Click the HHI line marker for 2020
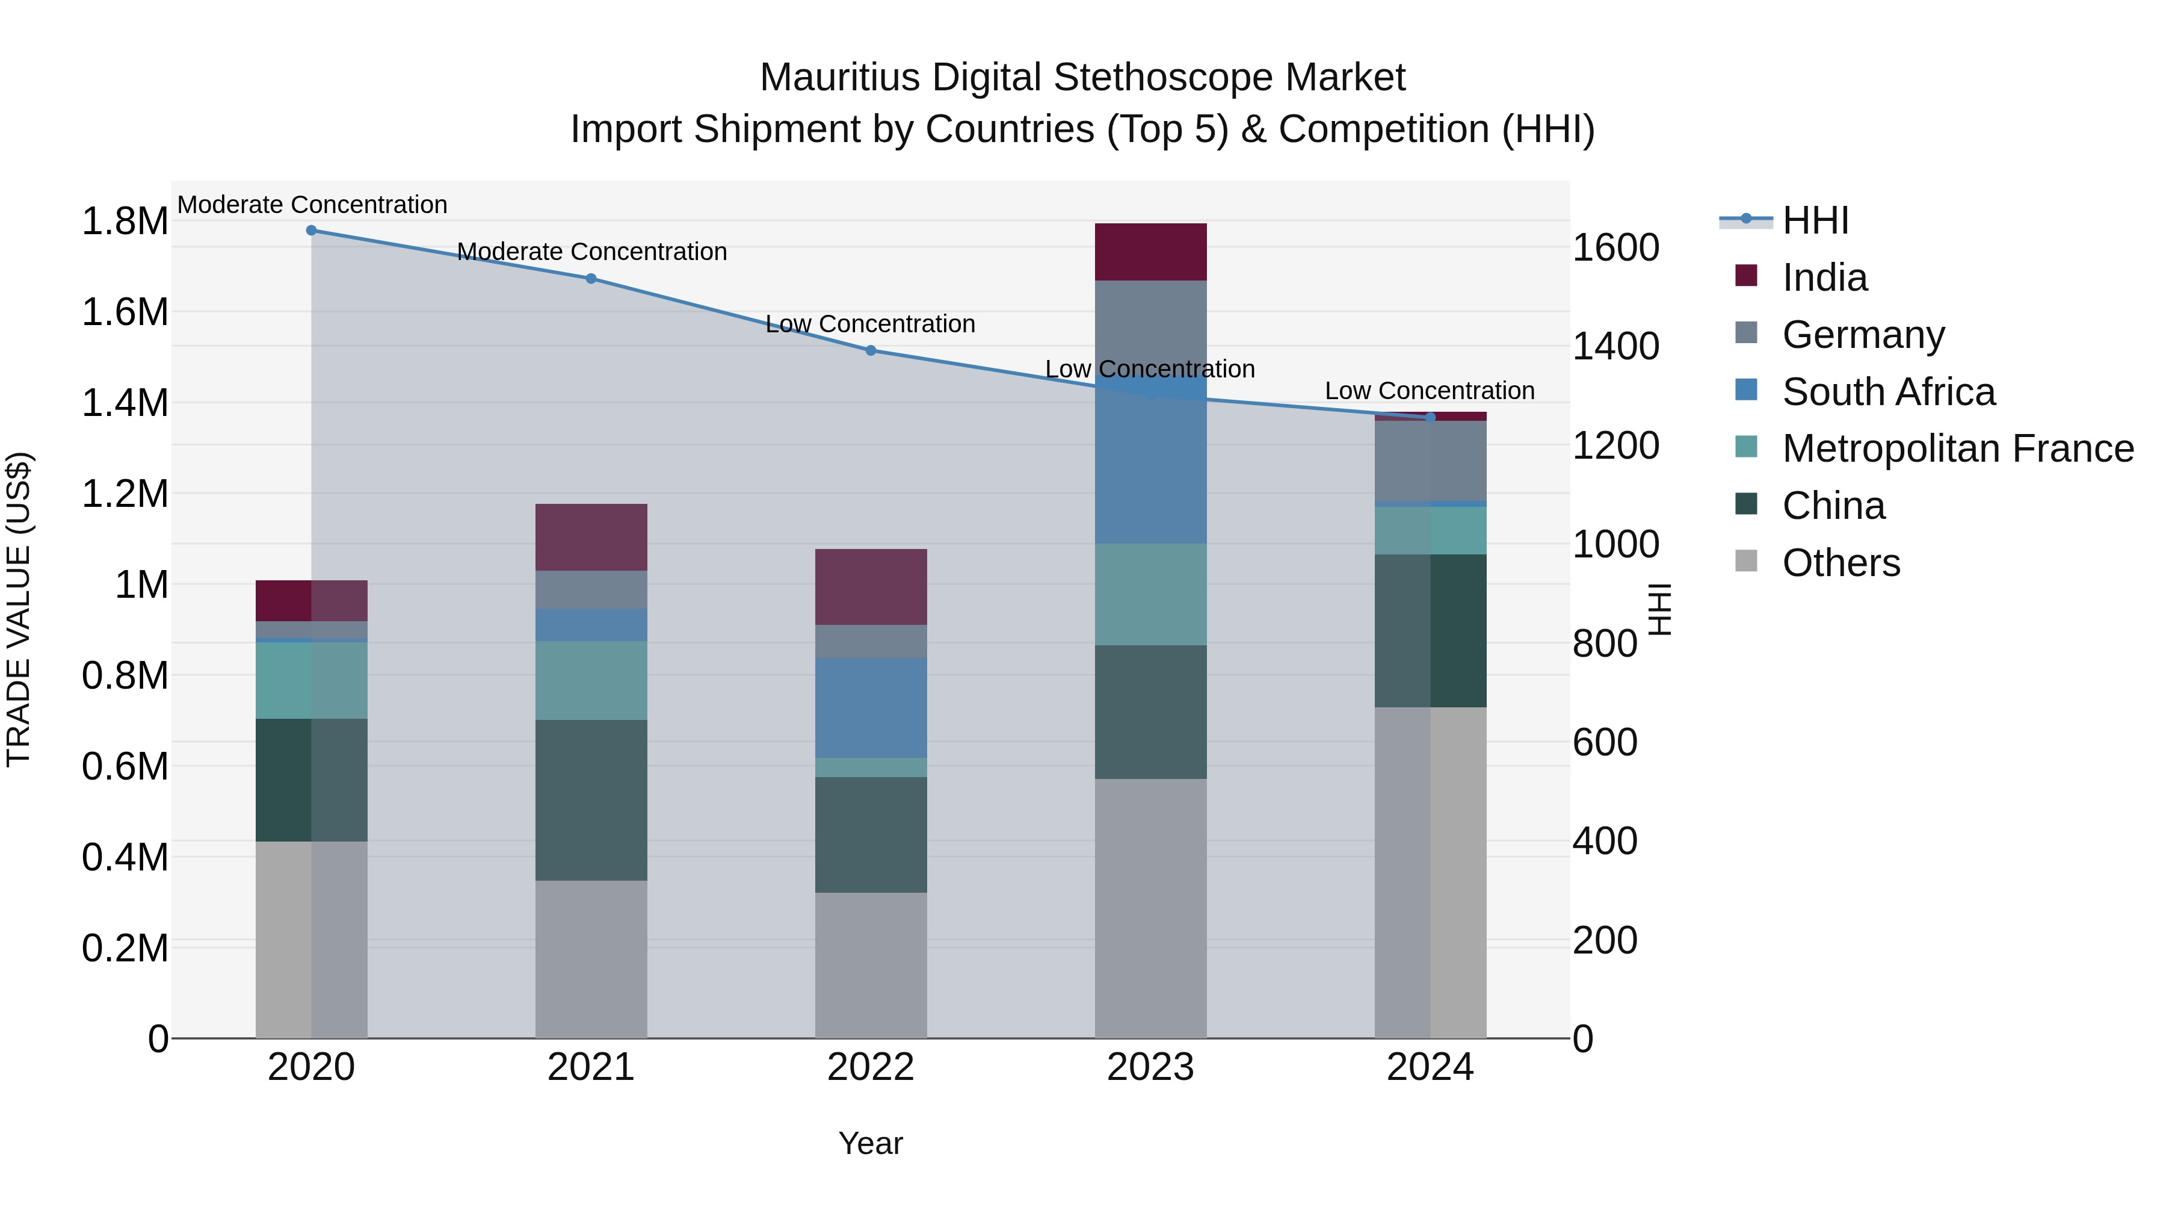coord(311,231)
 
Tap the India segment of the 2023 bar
coord(1150,252)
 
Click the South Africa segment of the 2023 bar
coord(1150,471)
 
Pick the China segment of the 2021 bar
coord(591,800)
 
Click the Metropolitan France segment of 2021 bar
coord(591,681)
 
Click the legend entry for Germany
coord(1862,335)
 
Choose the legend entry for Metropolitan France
coord(1957,448)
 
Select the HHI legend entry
coord(1815,220)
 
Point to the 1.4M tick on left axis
coord(125,403)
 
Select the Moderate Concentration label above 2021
coord(591,252)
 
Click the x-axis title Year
coord(870,1143)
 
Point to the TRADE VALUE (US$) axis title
coord(19,609)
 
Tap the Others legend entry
coord(1840,563)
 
